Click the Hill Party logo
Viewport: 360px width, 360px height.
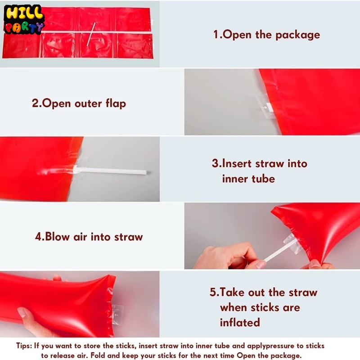point(24,19)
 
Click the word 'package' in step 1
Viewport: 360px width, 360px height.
point(297,35)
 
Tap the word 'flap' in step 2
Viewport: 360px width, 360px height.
point(116,103)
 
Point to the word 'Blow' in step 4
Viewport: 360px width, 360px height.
point(57,237)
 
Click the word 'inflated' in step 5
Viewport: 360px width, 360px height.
point(240,322)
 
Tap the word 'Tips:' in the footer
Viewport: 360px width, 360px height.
point(24,346)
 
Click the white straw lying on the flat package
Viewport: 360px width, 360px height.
point(91,34)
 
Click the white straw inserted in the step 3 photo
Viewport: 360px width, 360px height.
point(110,171)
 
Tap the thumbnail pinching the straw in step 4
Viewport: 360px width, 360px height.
point(261,264)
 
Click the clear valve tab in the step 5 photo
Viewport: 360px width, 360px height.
point(117,314)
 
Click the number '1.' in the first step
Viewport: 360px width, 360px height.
point(218,35)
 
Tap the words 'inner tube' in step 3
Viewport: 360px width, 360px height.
point(248,179)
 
